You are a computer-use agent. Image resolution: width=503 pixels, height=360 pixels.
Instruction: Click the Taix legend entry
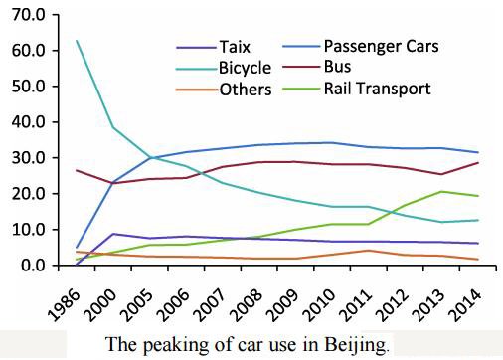pos(235,46)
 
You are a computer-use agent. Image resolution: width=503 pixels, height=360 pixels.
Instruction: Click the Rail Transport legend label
pos(377,89)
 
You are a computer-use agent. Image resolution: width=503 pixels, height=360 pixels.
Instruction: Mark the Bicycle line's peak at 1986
pos(77,41)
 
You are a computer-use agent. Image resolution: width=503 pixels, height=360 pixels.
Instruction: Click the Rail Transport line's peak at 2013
pos(440,191)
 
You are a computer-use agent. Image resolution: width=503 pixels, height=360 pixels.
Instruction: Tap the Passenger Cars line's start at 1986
pos(77,247)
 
